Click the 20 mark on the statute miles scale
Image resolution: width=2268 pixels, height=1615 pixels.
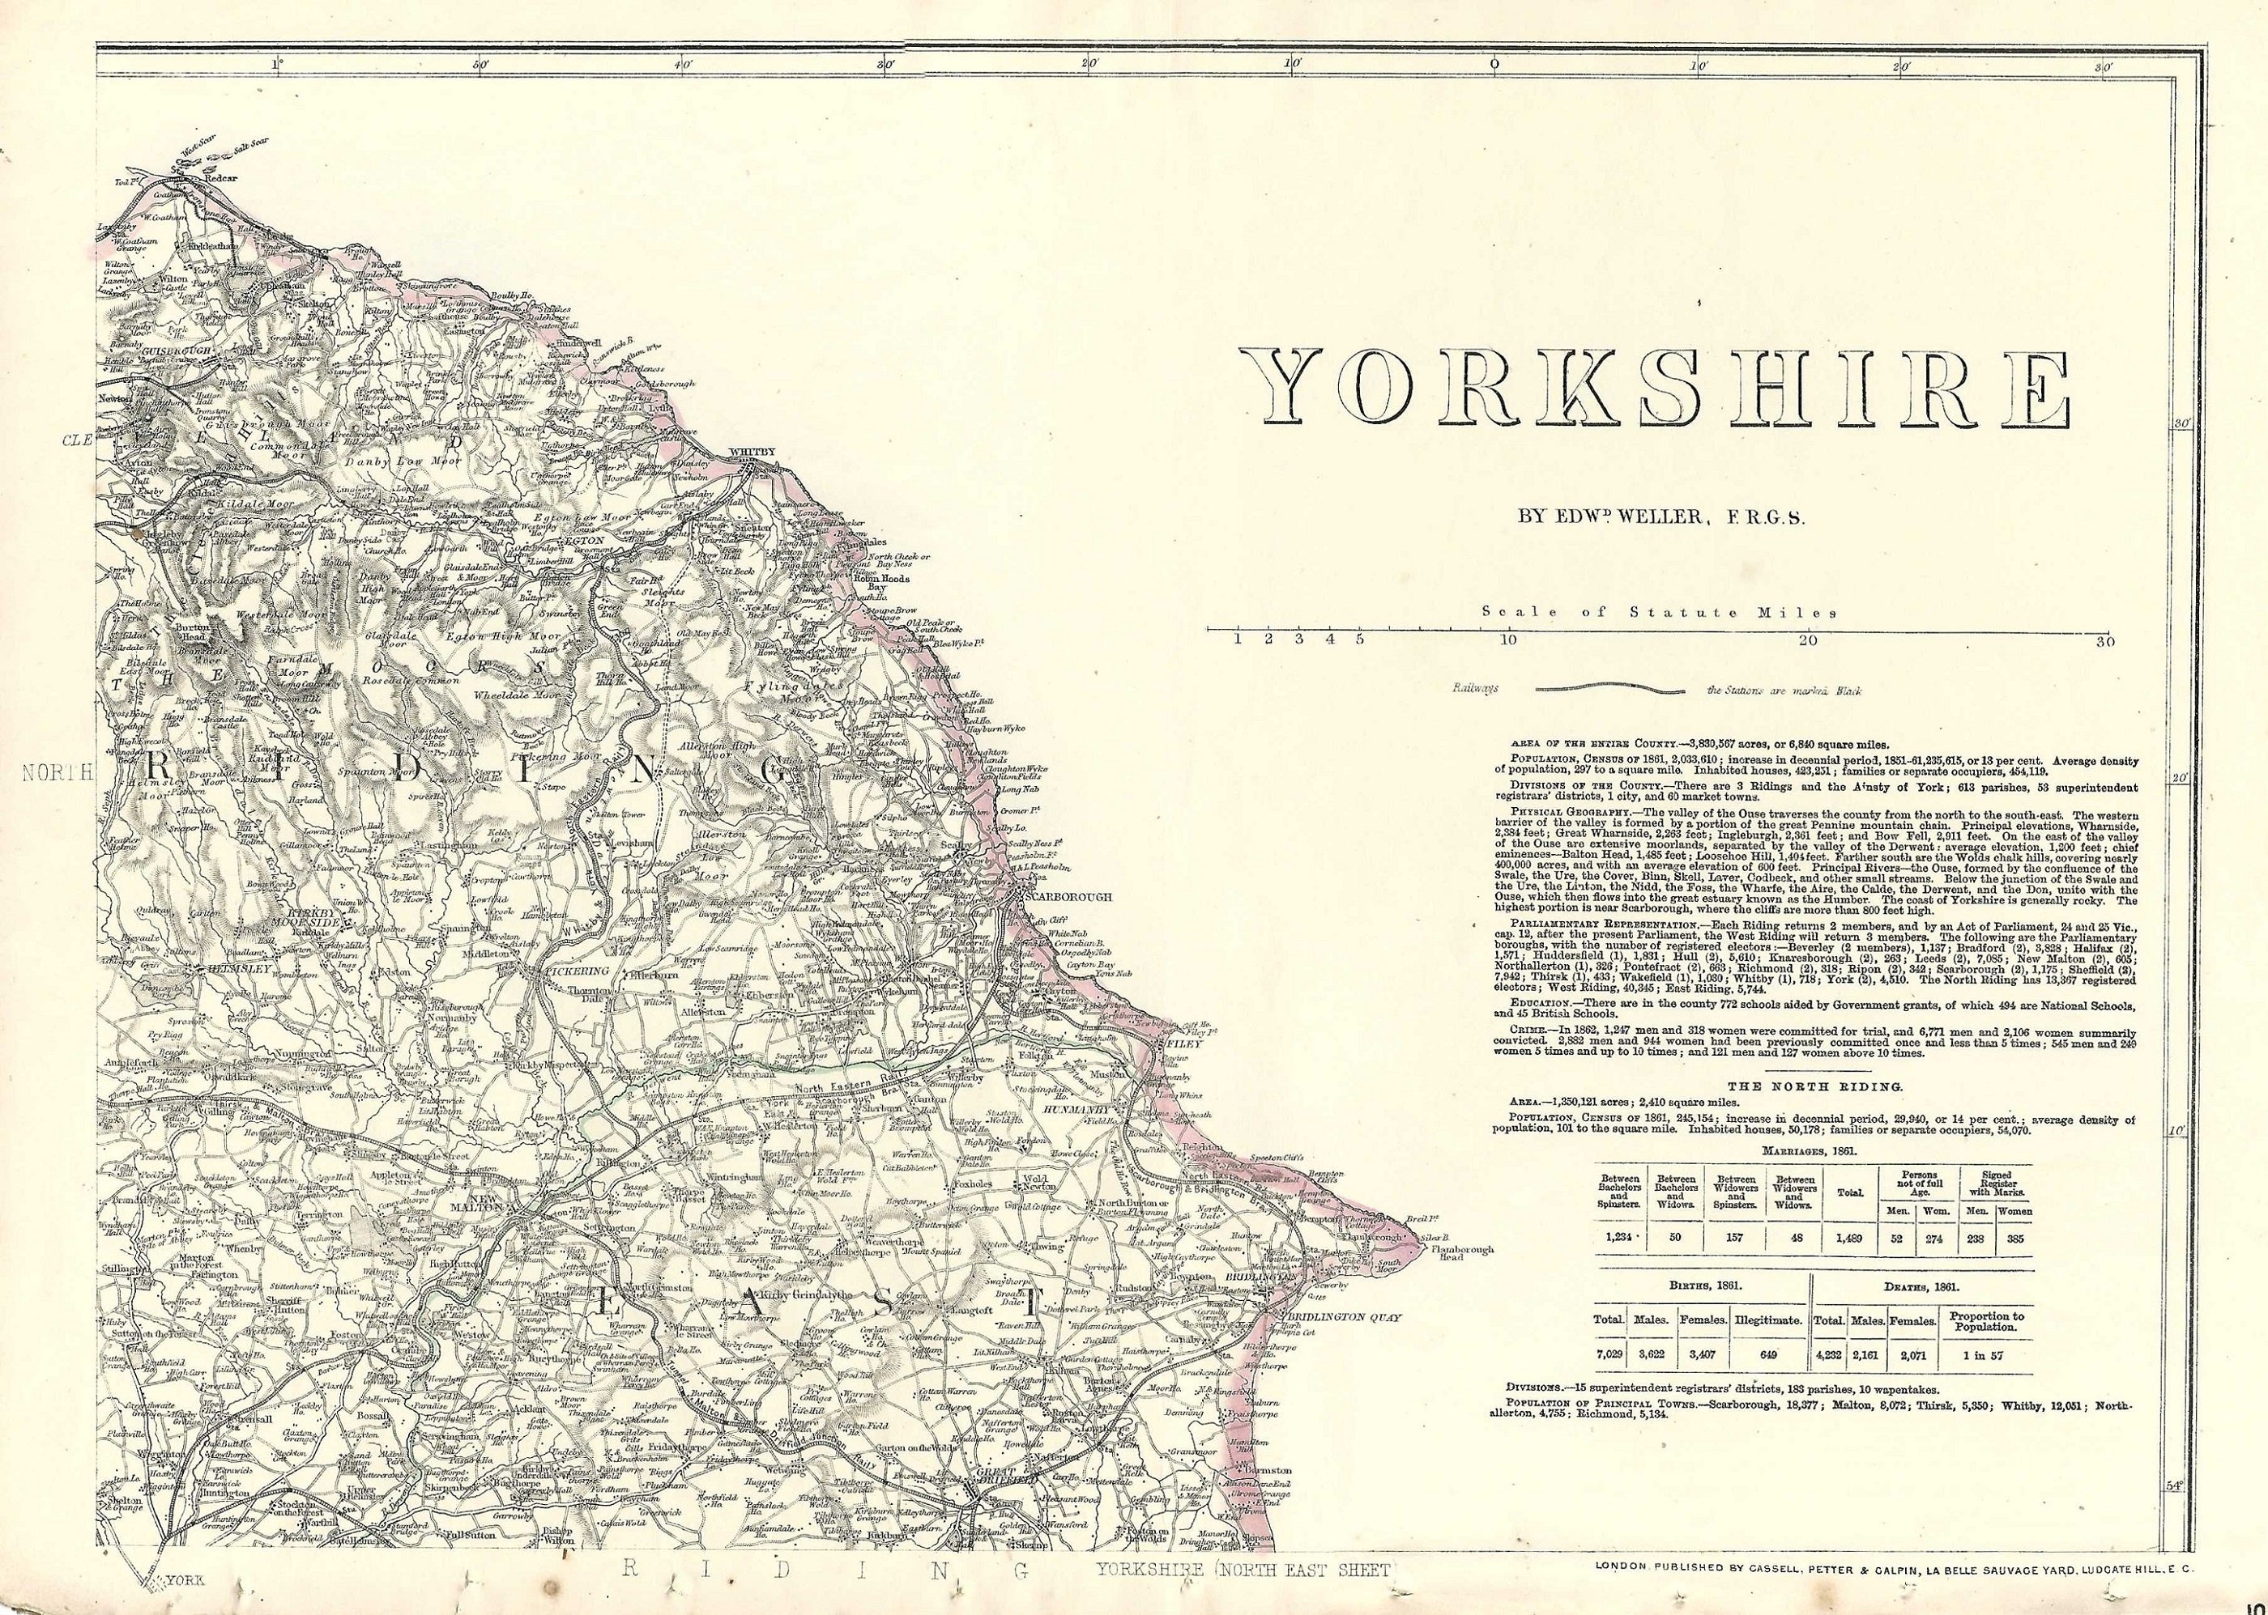coord(1806,640)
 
